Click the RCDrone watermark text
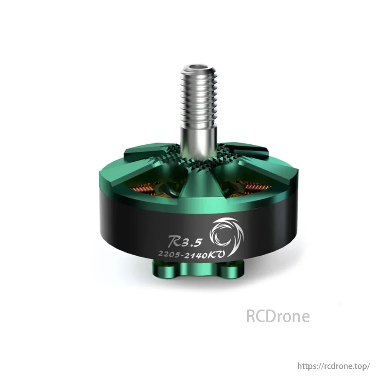(278, 316)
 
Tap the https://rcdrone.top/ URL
(334, 366)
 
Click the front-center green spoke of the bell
(198, 188)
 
